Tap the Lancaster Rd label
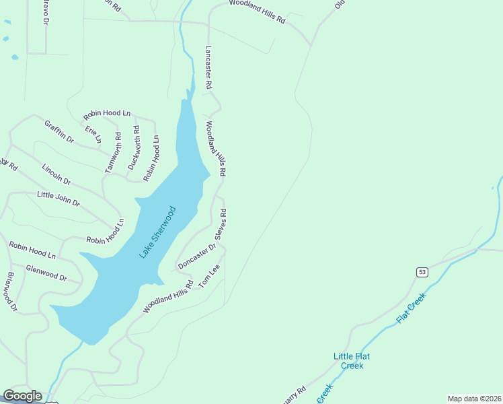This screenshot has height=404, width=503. (208, 68)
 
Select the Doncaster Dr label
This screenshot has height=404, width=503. (196, 257)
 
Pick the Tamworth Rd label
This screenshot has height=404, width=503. (113, 153)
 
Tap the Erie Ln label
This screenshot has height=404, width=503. (93, 134)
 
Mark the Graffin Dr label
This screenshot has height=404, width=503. (59, 131)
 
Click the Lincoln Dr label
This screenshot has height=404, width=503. (56, 174)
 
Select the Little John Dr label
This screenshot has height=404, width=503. (58, 199)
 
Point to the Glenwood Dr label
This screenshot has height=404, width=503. (46, 273)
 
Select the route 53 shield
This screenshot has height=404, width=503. (421, 271)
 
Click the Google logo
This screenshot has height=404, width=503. (22, 396)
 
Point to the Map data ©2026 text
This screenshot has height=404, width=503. (473, 399)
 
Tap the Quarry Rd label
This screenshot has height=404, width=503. (293, 394)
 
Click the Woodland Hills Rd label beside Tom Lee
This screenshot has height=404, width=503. (168, 297)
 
